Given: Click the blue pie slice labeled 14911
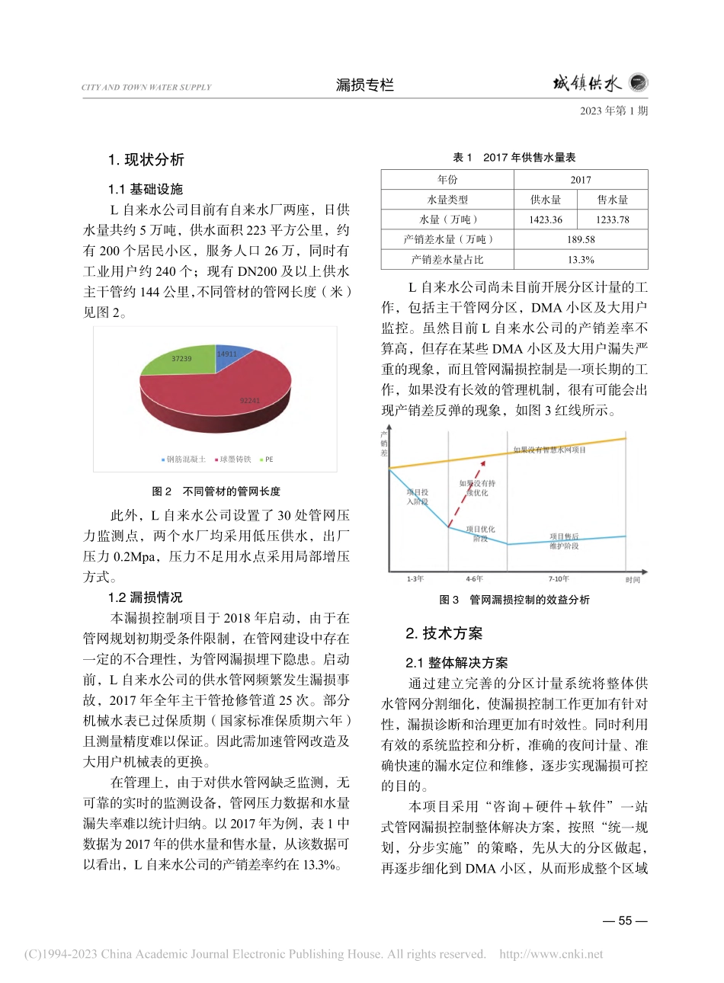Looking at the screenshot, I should tap(230, 358).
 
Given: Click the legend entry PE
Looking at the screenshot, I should tap(266, 459).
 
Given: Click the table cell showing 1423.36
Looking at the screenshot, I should tap(546, 219).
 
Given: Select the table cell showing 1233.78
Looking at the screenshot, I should tap(613, 219).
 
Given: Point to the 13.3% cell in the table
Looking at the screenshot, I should tap(581, 260).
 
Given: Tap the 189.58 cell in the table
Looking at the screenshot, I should tap(581, 239).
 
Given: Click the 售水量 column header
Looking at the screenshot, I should tap(613, 200).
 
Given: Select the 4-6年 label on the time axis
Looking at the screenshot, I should tap(474, 579).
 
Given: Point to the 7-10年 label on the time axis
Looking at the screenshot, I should tap(559, 579).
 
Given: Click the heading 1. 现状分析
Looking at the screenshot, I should tap(146, 160).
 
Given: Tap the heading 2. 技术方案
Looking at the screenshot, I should tap(444, 634).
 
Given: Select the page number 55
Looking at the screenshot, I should tap(625, 921).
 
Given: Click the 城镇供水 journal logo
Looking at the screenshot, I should tap(599, 83).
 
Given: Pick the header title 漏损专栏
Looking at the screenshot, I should tap(364, 85).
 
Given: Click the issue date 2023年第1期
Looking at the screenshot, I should tap(613, 111).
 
